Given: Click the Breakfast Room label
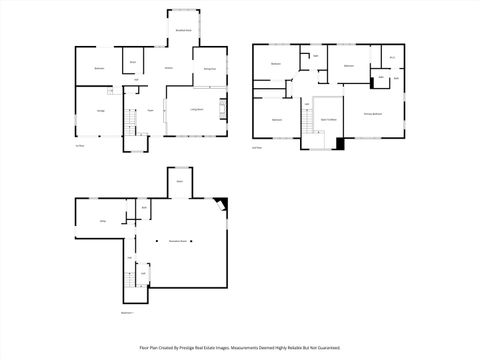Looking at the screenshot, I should click(x=184, y=31).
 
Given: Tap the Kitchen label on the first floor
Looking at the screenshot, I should click(x=169, y=67).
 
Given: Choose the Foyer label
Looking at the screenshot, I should click(x=150, y=109).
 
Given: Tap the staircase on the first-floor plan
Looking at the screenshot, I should click(x=128, y=122).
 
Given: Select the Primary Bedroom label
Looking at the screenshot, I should click(x=373, y=115).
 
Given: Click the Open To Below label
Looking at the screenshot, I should click(x=326, y=119).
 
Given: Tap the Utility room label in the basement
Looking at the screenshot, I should click(x=102, y=221).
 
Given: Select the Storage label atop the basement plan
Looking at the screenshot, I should click(x=180, y=181).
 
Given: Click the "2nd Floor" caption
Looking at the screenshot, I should click(x=257, y=147).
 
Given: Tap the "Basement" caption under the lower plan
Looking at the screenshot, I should click(x=127, y=312).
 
